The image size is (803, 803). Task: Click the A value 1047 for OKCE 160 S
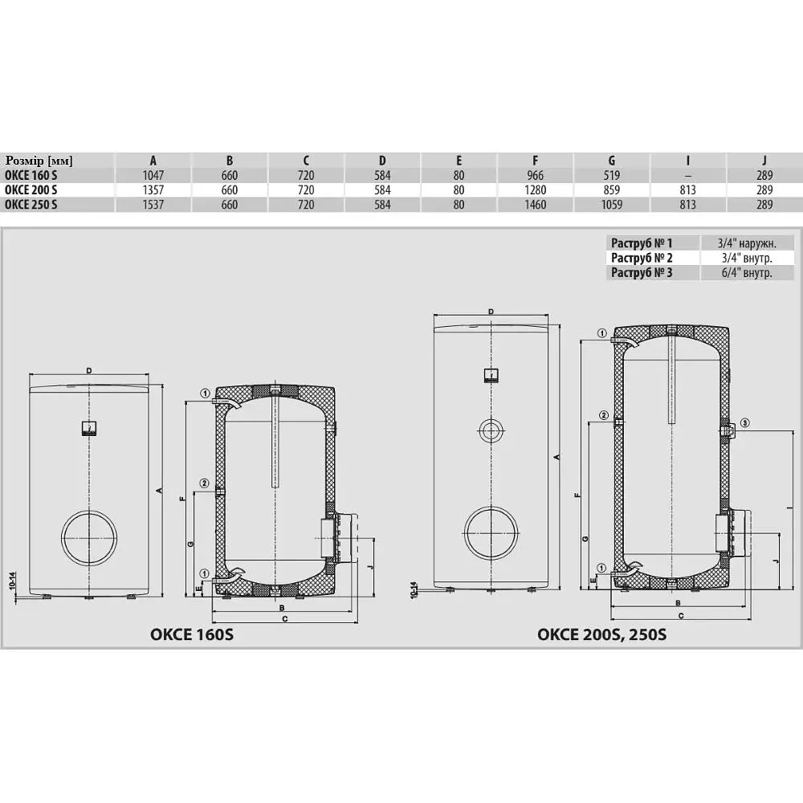[x=153, y=175]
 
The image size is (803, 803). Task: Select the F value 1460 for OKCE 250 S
[x=535, y=205]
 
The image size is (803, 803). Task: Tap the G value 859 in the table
[x=611, y=190]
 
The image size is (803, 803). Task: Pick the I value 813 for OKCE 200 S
[x=688, y=190]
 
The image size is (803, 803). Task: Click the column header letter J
[x=764, y=161]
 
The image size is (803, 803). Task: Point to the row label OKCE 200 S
[x=31, y=190]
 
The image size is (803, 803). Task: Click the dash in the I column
[x=688, y=176]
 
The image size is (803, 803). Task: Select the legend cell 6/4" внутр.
[x=747, y=272]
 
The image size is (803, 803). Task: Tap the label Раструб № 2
[x=642, y=258]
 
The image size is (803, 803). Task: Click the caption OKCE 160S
[x=192, y=634]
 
